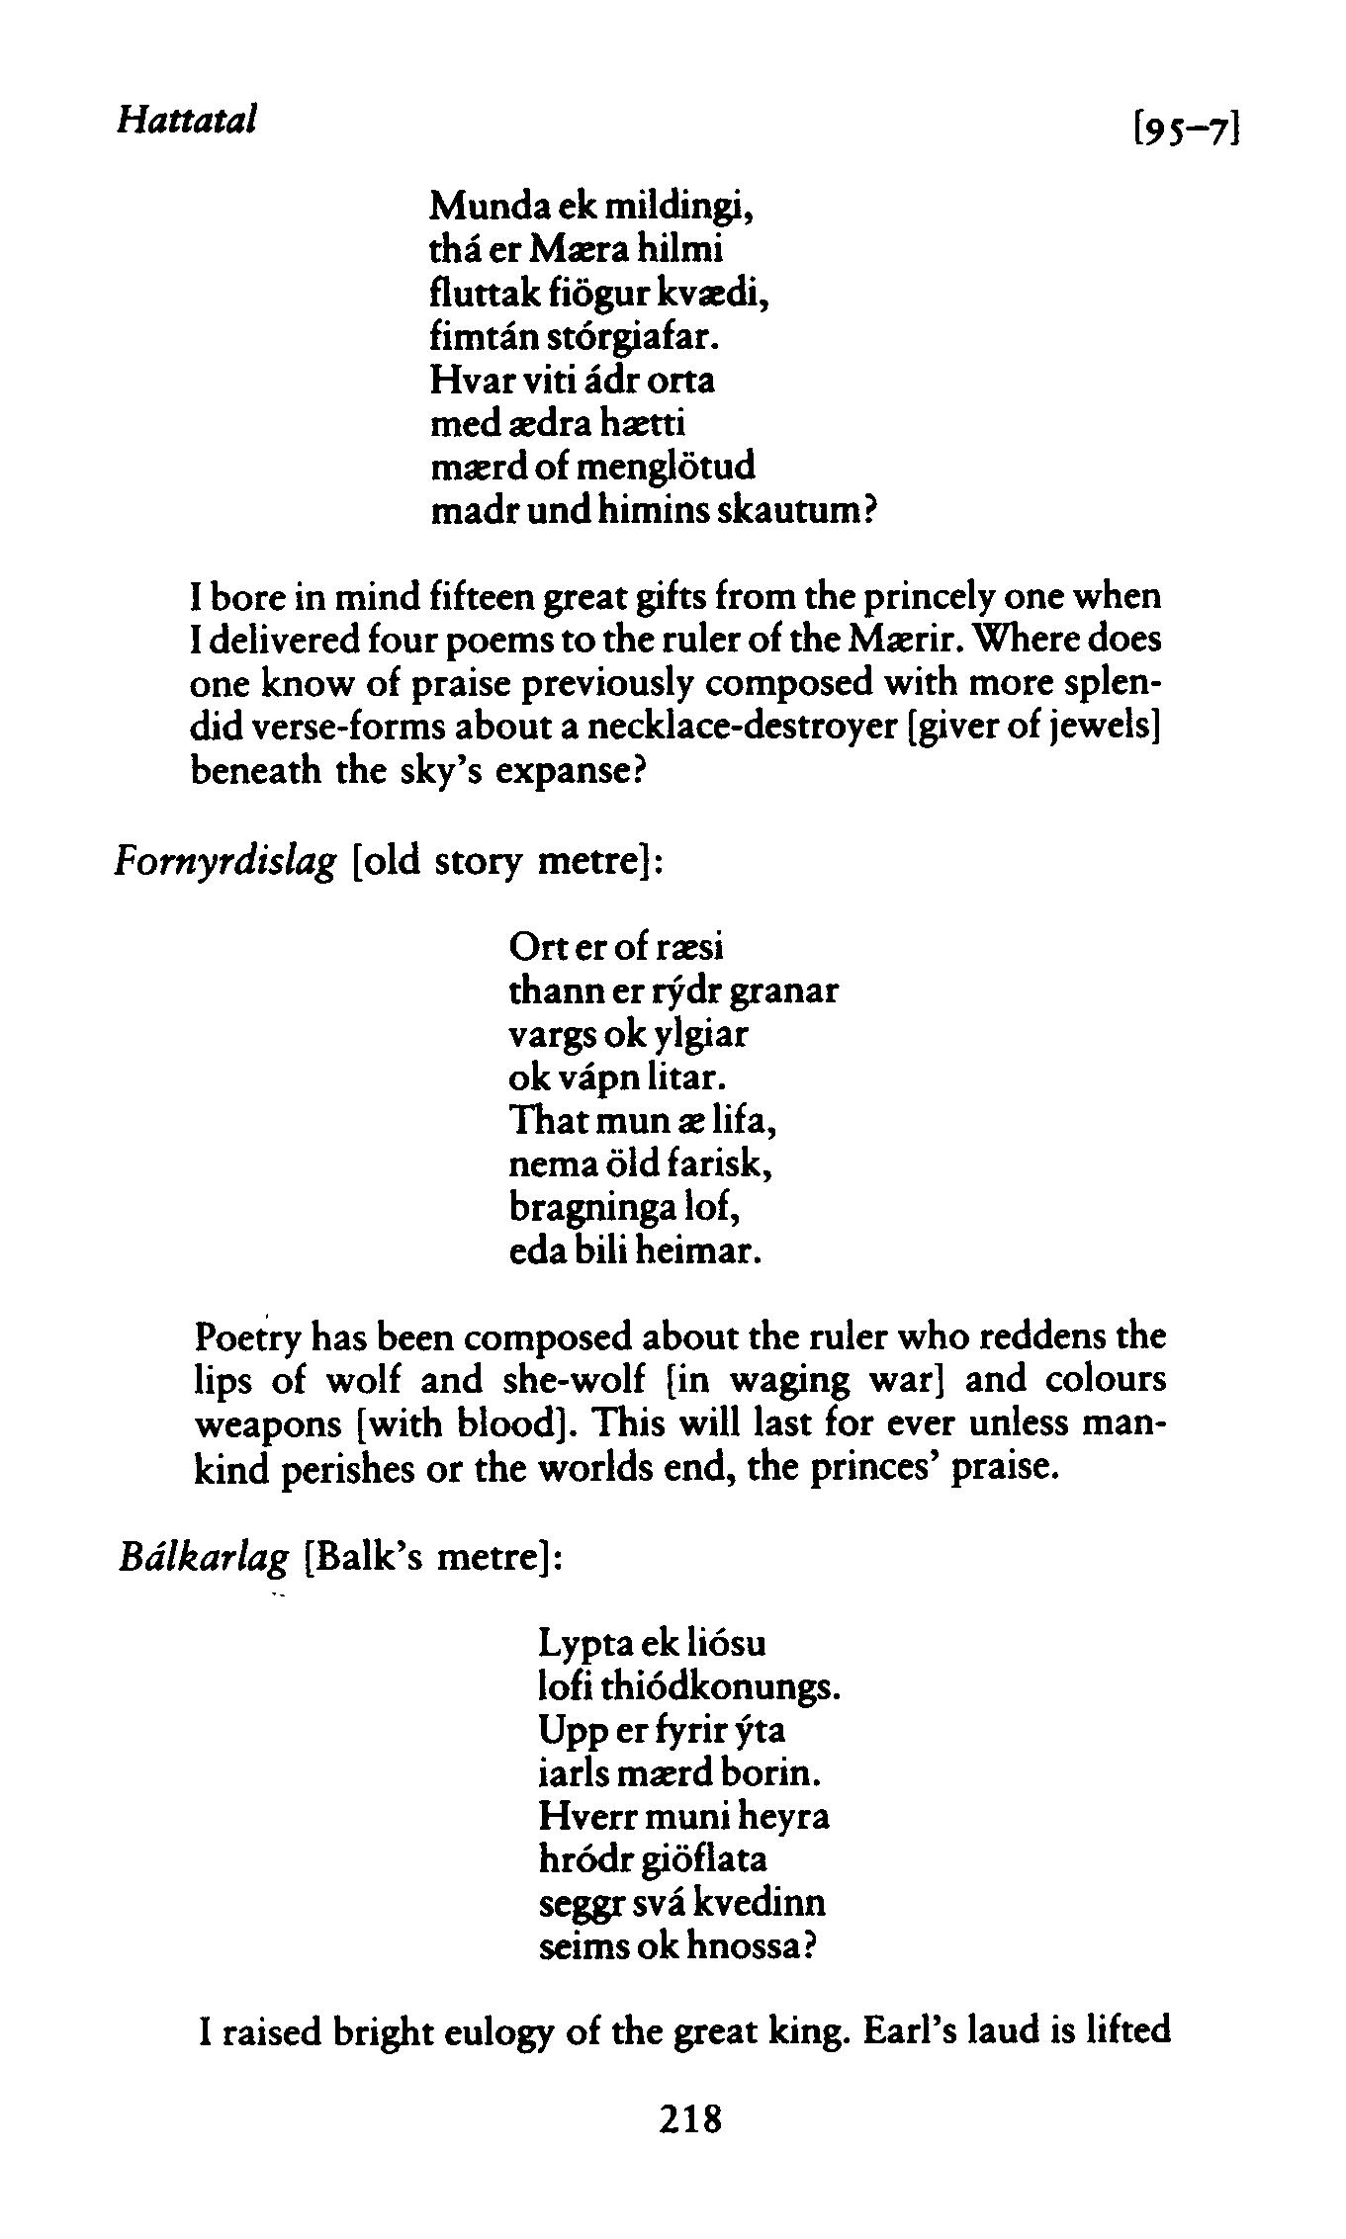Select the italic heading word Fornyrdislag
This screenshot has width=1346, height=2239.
click(x=226, y=863)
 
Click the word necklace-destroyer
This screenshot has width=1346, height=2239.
click(x=745, y=729)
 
